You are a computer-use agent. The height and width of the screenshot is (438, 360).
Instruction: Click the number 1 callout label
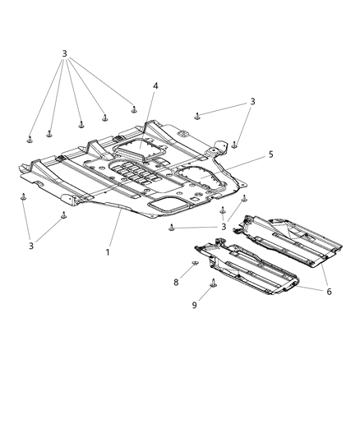point(107,251)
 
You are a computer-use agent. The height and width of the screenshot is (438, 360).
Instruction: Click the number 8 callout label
point(174,282)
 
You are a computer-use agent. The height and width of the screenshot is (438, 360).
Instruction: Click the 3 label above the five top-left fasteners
point(63,54)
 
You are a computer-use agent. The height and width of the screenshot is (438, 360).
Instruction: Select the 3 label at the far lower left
point(32,245)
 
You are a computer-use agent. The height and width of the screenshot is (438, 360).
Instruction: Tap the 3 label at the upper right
point(253,101)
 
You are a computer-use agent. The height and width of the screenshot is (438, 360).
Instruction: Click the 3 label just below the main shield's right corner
point(222,227)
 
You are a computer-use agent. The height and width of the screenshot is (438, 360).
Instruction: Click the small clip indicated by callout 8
point(194,265)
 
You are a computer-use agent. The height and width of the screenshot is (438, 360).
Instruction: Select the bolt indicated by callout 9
point(214,284)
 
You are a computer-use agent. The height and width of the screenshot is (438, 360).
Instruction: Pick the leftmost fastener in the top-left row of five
point(30,138)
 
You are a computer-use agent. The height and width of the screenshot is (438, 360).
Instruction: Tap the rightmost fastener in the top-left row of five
point(134,108)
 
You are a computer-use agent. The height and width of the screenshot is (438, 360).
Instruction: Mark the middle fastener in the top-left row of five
point(81,125)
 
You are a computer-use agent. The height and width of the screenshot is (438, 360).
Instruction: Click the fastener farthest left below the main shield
point(23,196)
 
